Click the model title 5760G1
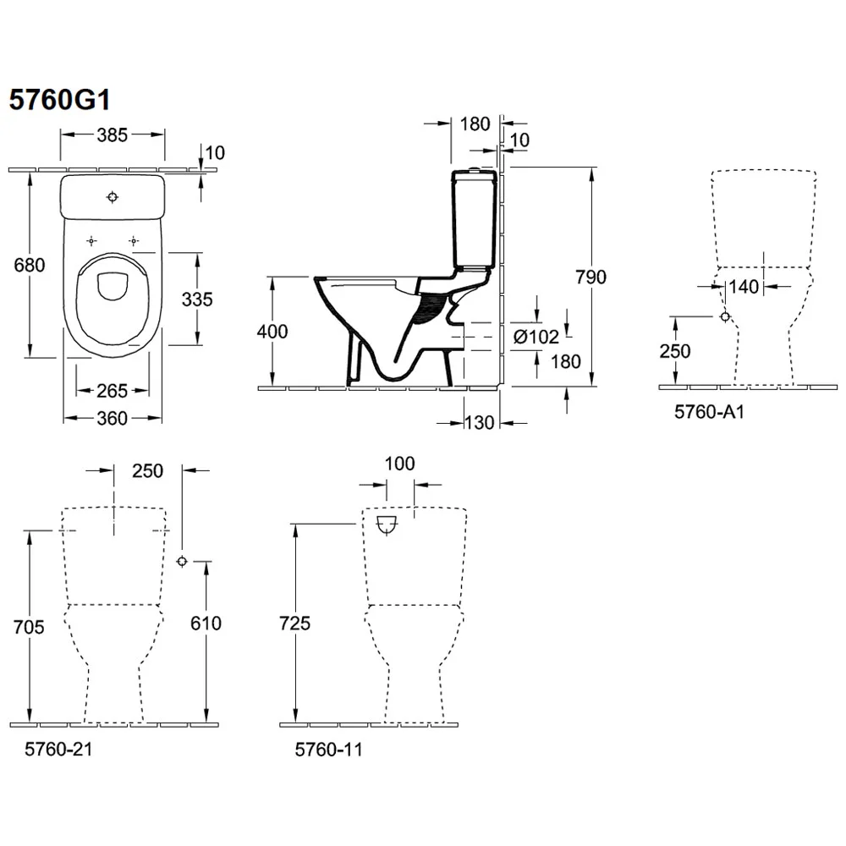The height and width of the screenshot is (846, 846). pos(59,100)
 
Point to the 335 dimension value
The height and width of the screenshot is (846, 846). pos(196,299)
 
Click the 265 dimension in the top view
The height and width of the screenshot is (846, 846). pos(112,390)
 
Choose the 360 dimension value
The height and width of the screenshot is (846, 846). pos(112,418)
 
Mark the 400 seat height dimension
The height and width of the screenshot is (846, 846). pos(272,332)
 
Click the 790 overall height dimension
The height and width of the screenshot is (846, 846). pos(591,277)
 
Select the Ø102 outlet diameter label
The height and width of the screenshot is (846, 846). pos(536,336)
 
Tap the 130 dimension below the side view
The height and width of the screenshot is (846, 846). pos(479,423)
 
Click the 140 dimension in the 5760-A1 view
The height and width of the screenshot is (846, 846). pos(744,287)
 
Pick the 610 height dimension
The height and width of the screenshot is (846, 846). pos(206,624)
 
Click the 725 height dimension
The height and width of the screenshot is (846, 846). pos(294,624)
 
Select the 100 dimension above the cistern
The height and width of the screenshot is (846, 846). pos(400,464)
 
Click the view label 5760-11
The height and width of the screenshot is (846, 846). pos(327,750)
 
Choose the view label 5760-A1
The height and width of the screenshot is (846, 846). pos(704,411)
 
